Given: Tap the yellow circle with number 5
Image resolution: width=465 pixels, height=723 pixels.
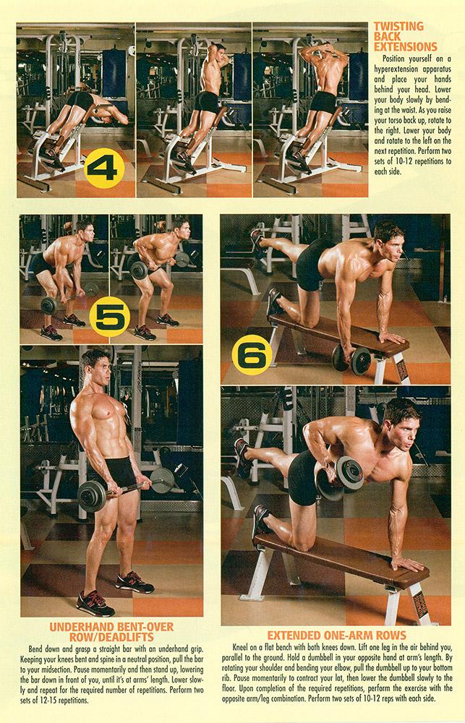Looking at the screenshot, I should point(110,315).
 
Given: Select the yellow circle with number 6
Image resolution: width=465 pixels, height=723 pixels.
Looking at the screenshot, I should point(252,354).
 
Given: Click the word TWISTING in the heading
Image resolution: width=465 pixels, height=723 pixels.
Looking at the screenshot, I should point(398,27).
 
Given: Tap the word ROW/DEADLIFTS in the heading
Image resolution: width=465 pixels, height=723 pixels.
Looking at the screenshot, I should point(111,636).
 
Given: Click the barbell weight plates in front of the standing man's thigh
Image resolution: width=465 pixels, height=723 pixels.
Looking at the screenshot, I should point(93,497).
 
